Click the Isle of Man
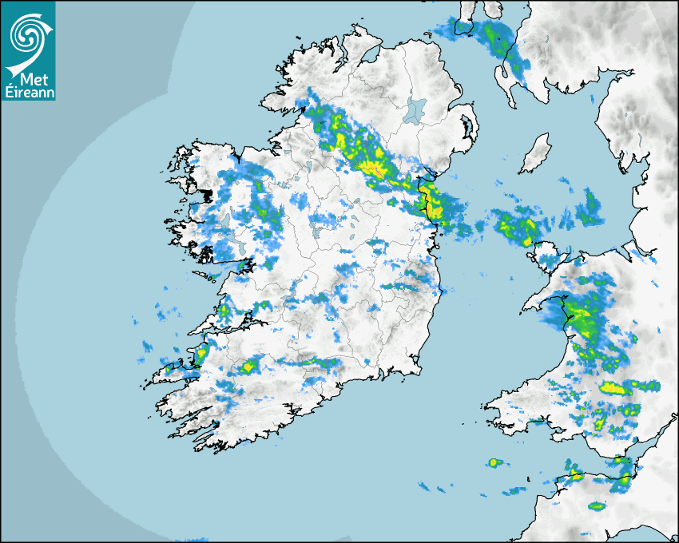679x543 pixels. coord(536,154)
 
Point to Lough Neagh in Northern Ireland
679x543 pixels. coord(415,110)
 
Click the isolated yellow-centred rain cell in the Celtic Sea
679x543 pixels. coord(495,462)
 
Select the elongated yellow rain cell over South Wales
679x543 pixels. coord(614,388)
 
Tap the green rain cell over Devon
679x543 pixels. coord(596,505)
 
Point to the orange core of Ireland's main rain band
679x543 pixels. coord(371,168)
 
